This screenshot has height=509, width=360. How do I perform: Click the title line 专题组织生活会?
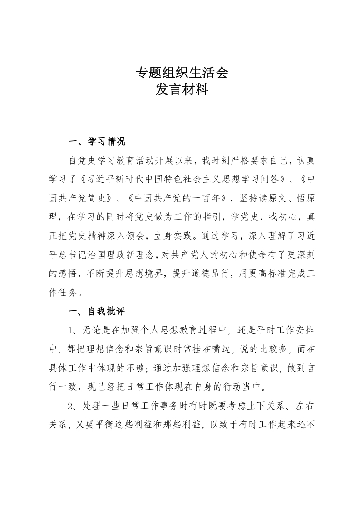pyautogui.click(x=182, y=73)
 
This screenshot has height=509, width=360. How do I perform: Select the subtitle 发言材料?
pyautogui.click(x=182, y=90)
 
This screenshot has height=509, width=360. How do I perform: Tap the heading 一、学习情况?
pyautogui.click(x=96, y=142)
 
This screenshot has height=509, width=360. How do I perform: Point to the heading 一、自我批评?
pyautogui.click(x=96, y=312)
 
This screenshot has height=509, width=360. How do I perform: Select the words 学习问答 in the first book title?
pyautogui.click(x=258, y=179)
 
